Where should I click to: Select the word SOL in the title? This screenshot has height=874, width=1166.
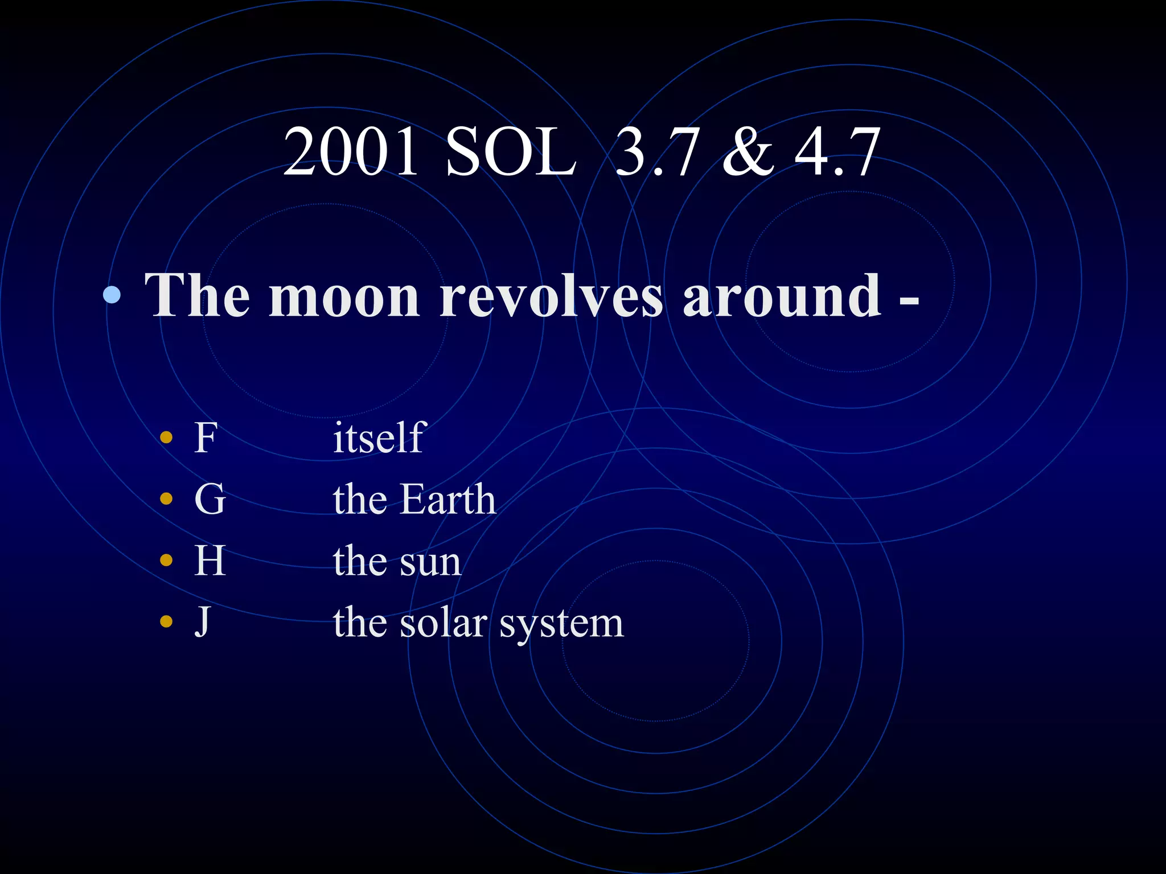pos(511,152)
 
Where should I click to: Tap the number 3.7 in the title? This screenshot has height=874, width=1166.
pos(656,152)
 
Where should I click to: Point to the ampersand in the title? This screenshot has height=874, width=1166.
pos(748,152)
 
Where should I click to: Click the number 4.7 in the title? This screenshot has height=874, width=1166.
pos(837,152)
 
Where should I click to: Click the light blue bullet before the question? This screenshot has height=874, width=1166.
pos(112,295)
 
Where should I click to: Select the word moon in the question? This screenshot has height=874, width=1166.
pos(344,296)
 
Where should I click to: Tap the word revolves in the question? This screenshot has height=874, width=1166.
pos(551,296)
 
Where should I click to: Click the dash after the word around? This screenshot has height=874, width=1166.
pos(909,300)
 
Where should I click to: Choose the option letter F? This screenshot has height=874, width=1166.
pos(206,438)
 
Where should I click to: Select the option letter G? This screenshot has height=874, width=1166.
pos(210,499)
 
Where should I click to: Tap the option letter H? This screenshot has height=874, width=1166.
pos(210,560)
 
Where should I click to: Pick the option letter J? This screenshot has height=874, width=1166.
pos(202,622)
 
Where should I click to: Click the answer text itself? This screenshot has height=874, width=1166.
pos(379,438)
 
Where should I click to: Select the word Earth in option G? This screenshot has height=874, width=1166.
pos(447,499)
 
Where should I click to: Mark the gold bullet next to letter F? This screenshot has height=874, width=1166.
pos(166,438)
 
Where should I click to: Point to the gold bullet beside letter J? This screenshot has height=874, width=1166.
pos(166,621)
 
